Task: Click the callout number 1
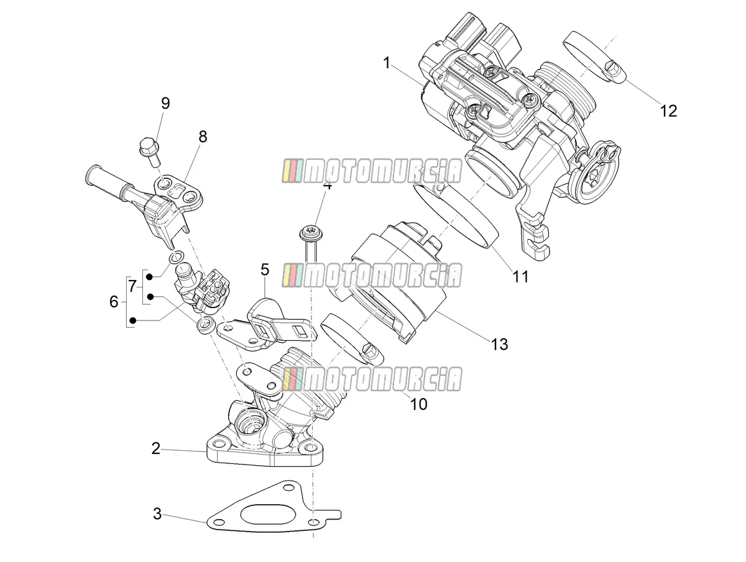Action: click(387, 63)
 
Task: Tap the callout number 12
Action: click(668, 111)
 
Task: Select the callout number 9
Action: click(165, 103)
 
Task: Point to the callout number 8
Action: click(203, 137)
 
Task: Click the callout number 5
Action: click(265, 270)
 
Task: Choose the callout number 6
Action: click(114, 301)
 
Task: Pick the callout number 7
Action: click(132, 286)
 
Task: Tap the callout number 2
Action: click(155, 448)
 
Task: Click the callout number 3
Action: click(157, 514)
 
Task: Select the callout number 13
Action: click(500, 345)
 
